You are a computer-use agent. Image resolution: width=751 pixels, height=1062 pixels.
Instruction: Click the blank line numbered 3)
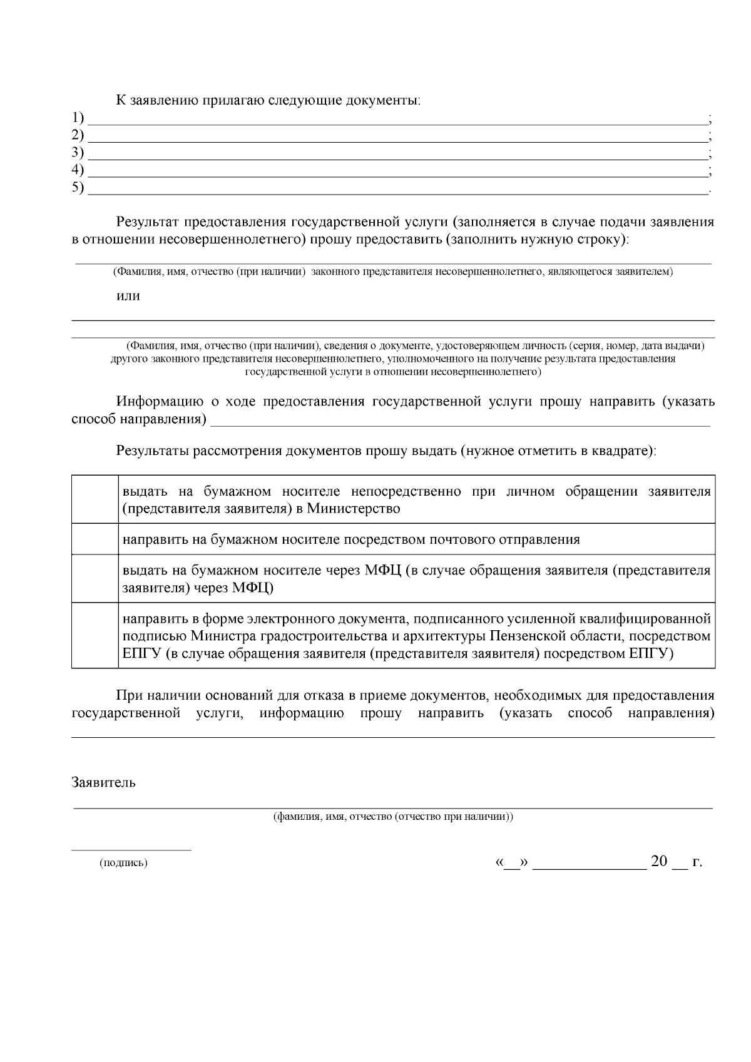(x=397, y=155)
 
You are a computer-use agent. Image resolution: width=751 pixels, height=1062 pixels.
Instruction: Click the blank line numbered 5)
(x=397, y=190)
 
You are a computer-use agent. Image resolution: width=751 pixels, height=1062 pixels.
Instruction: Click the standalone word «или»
(x=128, y=296)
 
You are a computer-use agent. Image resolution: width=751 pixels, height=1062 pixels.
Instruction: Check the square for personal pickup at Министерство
(x=95, y=499)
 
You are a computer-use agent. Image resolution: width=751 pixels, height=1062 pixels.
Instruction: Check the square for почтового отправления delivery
(x=95, y=539)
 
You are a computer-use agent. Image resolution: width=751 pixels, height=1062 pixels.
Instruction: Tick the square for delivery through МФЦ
(x=95, y=579)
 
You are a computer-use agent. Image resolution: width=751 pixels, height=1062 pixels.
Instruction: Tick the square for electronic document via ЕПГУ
(x=95, y=636)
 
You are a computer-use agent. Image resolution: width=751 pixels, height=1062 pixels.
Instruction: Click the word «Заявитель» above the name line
(x=103, y=783)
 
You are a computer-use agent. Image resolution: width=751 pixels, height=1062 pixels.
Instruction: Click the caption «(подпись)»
(x=123, y=863)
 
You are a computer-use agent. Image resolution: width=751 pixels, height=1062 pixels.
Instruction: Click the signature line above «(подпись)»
(x=131, y=849)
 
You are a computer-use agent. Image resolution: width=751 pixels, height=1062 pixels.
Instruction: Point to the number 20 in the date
(x=659, y=861)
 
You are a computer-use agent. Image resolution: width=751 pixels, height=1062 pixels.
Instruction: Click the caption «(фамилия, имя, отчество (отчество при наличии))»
(x=393, y=817)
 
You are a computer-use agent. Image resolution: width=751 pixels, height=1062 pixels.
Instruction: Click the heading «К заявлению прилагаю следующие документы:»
(x=268, y=100)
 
